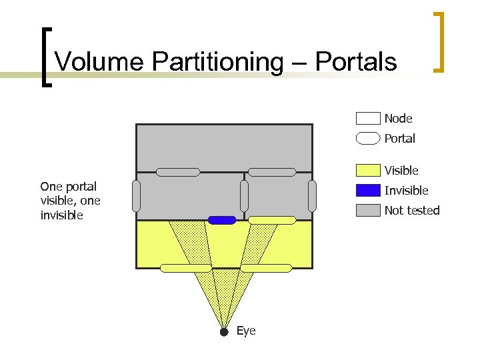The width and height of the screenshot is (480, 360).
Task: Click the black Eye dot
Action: point(224,331)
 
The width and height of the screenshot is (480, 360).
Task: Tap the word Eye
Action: point(246,331)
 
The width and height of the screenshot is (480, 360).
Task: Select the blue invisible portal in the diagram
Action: point(222,220)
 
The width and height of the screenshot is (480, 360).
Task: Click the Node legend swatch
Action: point(368,119)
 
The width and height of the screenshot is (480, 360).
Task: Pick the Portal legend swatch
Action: point(368,139)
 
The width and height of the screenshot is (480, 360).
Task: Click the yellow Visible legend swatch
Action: point(368,171)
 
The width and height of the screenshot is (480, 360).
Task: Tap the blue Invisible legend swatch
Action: point(368,191)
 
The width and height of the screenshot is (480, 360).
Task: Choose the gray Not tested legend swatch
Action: point(368,211)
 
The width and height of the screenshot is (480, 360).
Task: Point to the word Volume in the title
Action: point(99,62)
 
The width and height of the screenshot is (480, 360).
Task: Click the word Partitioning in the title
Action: point(217,62)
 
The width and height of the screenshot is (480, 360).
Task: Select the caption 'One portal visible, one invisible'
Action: point(69,201)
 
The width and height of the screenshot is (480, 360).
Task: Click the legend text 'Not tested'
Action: point(412,211)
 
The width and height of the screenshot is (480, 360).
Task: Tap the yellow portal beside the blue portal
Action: point(272,220)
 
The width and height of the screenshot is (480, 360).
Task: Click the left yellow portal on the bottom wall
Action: point(186,268)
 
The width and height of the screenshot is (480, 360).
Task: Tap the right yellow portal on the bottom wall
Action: point(266,268)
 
